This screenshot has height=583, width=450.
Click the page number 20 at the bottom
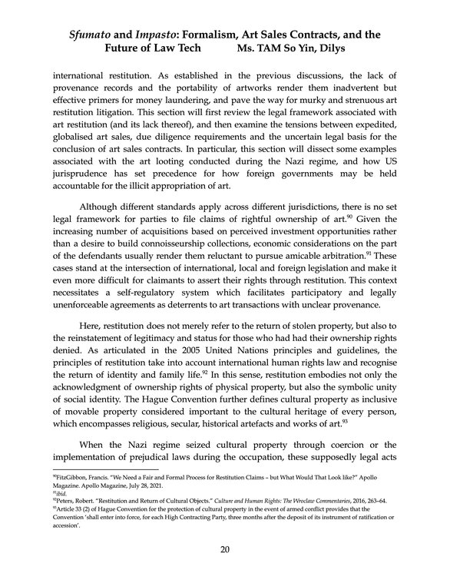tap(224, 548)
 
